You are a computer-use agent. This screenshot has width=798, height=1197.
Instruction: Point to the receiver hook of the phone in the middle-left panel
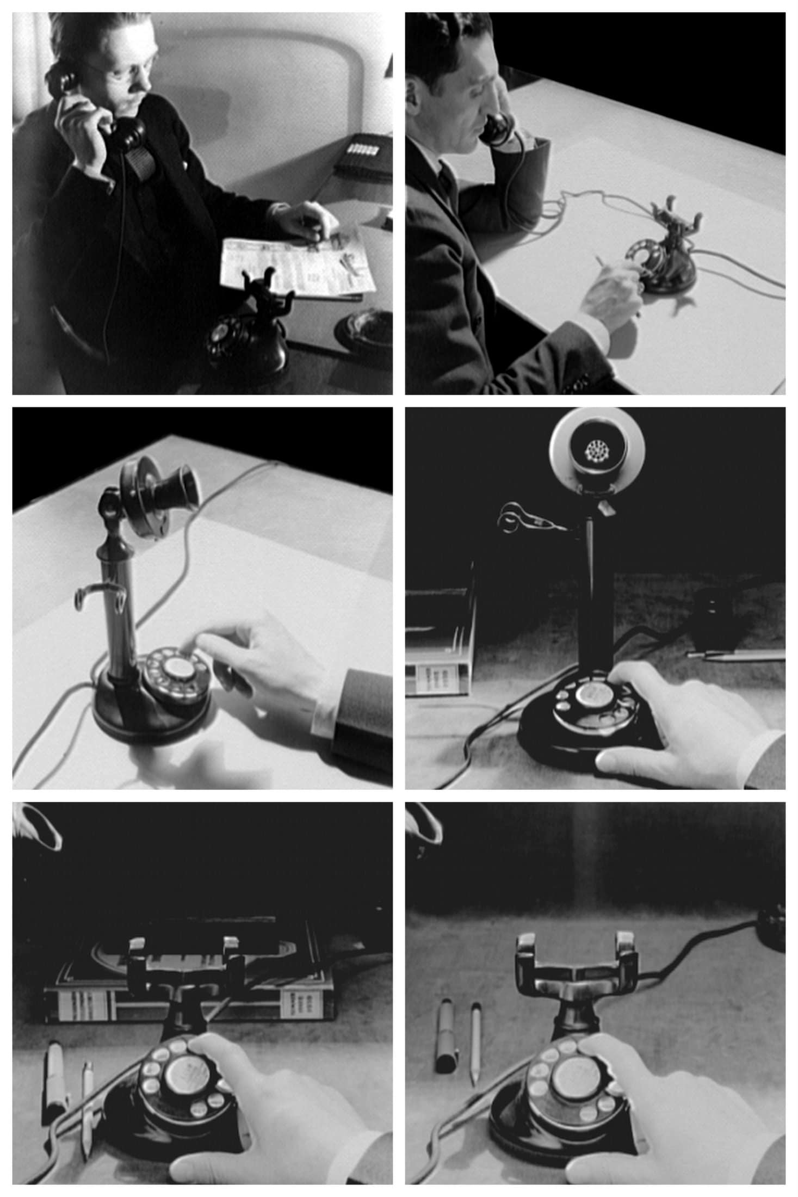(98, 593)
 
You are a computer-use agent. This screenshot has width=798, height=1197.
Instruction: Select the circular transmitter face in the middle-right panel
(597, 450)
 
